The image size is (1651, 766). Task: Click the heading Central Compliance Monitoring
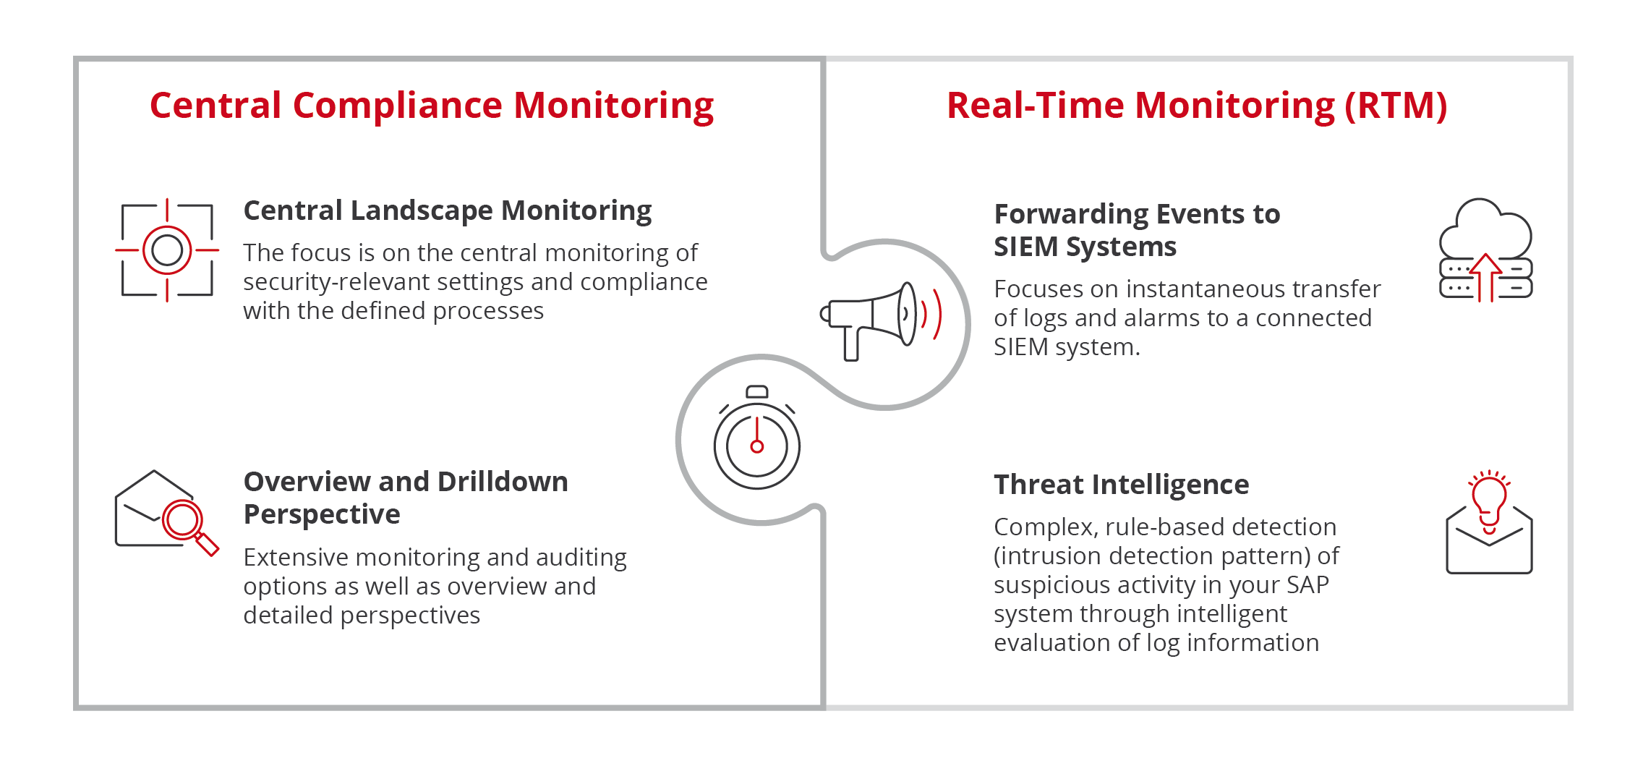click(x=432, y=106)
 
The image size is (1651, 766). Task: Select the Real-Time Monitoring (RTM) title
click(x=1197, y=106)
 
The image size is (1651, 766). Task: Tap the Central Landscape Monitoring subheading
click(x=448, y=210)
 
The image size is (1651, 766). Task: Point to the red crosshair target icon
click(x=167, y=250)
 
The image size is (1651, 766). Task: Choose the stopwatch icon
click(x=757, y=438)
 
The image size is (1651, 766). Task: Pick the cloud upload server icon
click(x=1486, y=250)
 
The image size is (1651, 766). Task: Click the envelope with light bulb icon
click(x=1489, y=522)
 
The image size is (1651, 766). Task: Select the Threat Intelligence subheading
click(x=1121, y=485)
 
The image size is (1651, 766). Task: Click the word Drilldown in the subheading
click(x=503, y=482)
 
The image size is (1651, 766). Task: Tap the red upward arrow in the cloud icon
click(x=1486, y=277)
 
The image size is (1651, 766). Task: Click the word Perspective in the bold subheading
click(x=322, y=515)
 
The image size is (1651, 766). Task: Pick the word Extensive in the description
click(x=296, y=558)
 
